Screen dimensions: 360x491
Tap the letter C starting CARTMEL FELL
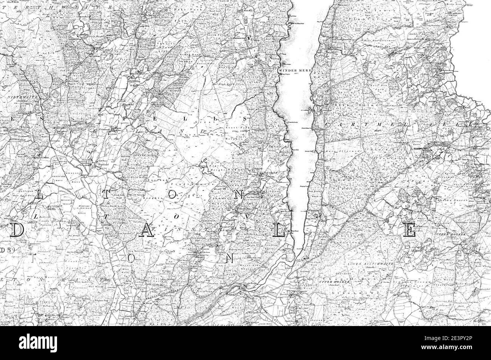327,125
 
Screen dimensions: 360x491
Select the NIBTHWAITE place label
18,97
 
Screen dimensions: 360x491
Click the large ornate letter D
18,230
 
